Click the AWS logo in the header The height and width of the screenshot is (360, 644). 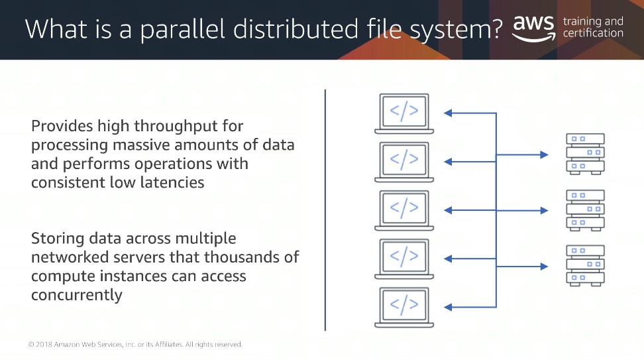pyautogui.click(x=534, y=29)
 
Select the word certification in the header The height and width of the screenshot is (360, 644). pyautogui.click(x=593, y=33)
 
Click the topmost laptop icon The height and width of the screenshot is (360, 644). pyautogui.click(x=404, y=113)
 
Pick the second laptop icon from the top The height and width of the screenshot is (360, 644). pyautogui.click(x=404, y=162)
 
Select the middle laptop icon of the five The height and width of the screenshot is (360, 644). pyautogui.click(x=404, y=210)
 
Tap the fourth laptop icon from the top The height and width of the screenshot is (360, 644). pyautogui.click(x=404, y=259)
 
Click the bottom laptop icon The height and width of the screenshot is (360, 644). pyautogui.click(x=404, y=308)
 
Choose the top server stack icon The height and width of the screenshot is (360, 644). pyautogui.click(x=585, y=154)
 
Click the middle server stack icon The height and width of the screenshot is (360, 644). pyautogui.click(x=585, y=210)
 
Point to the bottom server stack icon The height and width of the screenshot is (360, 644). pyautogui.click(x=585, y=265)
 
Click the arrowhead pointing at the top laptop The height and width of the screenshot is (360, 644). pyautogui.click(x=448, y=113)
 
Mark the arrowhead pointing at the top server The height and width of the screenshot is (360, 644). pyautogui.click(x=544, y=154)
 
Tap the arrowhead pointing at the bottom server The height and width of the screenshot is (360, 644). pyautogui.click(x=544, y=267)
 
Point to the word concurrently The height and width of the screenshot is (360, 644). pyautogui.click(x=77, y=295)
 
